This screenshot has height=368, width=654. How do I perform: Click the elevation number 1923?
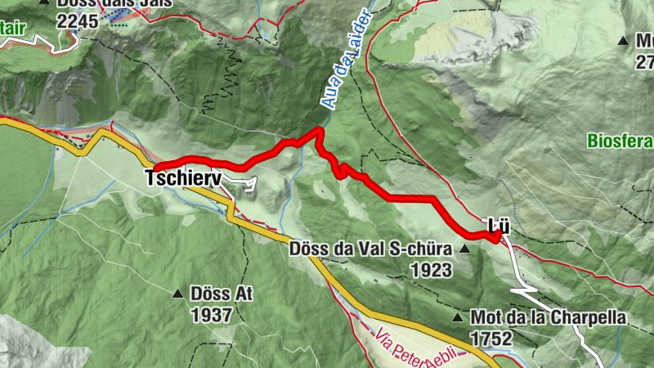[x=432, y=268]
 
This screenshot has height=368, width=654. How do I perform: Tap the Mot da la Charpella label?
[x=548, y=317]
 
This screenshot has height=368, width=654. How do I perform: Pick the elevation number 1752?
[x=490, y=337]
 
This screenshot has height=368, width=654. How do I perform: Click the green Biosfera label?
[x=620, y=141]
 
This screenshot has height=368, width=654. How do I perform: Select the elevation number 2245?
[x=78, y=21]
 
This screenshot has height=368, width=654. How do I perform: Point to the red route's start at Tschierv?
[x=155, y=168]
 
